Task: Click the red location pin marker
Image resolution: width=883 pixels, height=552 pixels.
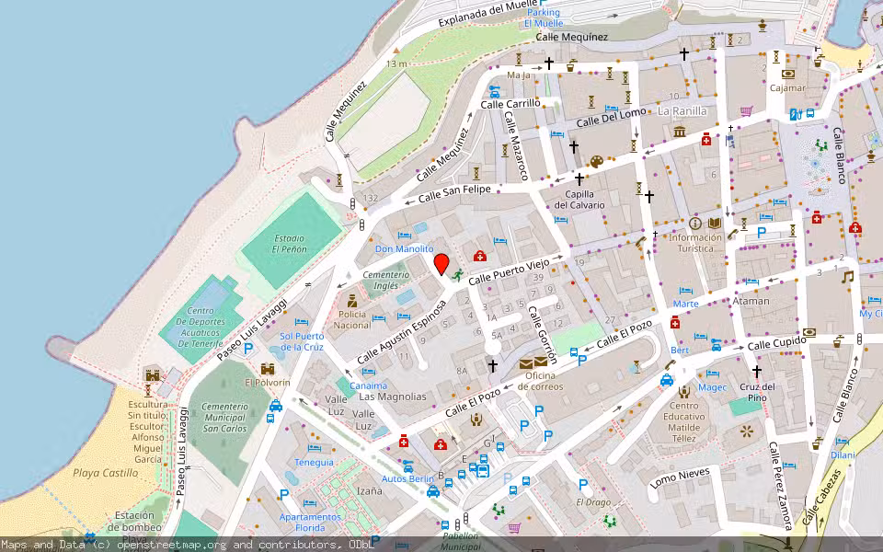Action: pos(441,264)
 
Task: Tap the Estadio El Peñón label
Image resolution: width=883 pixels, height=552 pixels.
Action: pos(288,244)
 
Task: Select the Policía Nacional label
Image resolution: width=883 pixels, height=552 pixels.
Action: pos(352,319)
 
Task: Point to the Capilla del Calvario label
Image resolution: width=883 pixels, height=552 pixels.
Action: pos(579,199)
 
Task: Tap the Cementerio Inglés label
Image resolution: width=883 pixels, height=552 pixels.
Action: pos(385,281)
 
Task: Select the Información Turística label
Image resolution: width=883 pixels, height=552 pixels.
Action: pos(695,242)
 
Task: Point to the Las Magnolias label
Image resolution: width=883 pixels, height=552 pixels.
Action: pos(393,397)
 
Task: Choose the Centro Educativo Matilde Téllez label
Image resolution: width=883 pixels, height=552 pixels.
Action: pos(684,422)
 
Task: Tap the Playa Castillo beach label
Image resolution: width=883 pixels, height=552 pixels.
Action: pos(105,473)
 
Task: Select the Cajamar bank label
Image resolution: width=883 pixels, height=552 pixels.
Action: pos(787,88)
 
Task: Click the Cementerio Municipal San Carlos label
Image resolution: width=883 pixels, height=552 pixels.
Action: pos(224,417)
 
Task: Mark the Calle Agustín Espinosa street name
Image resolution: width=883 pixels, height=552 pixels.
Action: pos(401,328)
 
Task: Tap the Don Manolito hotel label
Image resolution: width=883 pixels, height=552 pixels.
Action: pos(404,249)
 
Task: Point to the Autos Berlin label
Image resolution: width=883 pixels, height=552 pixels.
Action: pos(407,479)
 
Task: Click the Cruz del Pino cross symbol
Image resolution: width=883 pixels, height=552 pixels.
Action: pos(757,372)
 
